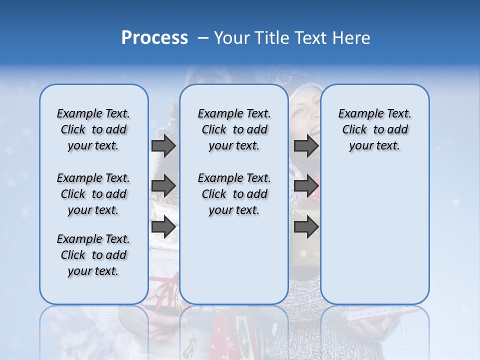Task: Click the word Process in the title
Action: tap(154, 37)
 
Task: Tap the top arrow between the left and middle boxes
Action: tap(163, 145)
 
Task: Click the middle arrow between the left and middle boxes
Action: tap(163, 186)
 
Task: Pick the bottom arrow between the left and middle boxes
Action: tap(163, 227)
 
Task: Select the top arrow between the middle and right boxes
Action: tap(306, 145)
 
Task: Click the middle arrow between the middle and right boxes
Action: tap(306, 186)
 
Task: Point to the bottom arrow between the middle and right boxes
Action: tap(306, 227)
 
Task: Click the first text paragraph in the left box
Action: tap(93, 129)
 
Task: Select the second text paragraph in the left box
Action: tap(93, 194)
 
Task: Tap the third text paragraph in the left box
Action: tap(93, 255)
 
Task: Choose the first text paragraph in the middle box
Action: tap(234, 129)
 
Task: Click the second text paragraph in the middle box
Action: tap(234, 194)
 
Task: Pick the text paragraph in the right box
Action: tap(374, 129)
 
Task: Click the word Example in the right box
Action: tap(357, 113)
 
